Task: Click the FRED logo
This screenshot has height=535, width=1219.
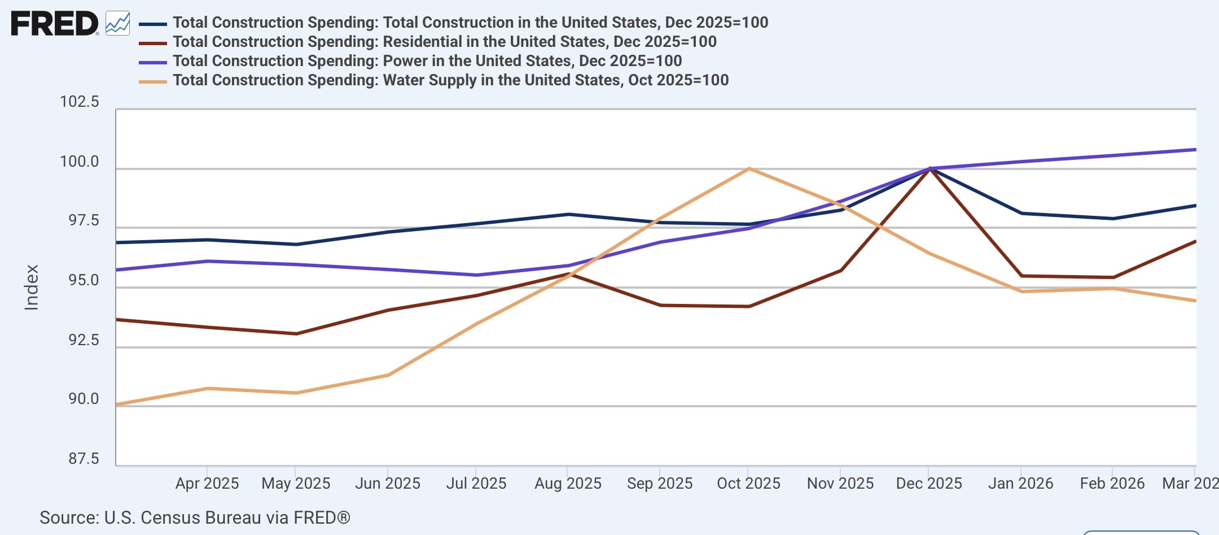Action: (x=55, y=24)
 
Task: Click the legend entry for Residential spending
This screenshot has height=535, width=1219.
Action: (x=428, y=42)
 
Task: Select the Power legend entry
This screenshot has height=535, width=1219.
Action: (x=410, y=61)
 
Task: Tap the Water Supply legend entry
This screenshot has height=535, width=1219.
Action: (x=434, y=80)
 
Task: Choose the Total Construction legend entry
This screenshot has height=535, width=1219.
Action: (x=454, y=23)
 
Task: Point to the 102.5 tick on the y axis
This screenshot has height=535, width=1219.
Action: (x=80, y=102)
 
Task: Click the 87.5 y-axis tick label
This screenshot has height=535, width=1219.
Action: (x=84, y=458)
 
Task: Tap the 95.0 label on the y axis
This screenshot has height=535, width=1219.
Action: (x=84, y=280)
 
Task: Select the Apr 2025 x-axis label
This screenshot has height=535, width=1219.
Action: (x=207, y=484)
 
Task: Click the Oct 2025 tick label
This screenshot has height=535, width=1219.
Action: (x=748, y=484)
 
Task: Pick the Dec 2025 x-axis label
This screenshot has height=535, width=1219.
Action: (x=929, y=484)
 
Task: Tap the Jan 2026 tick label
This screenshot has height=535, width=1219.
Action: (x=1020, y=484)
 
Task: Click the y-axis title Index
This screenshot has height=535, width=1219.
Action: (x=32, y=288)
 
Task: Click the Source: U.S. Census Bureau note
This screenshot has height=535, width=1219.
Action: (x=195, y=517)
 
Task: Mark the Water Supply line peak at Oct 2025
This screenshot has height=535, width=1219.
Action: (x=749, y=168)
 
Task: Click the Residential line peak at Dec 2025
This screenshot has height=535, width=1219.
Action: (x=929, y=169)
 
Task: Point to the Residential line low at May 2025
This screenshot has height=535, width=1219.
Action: (x=296, y=334)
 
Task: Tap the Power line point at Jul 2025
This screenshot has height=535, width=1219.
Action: (x=477, y=275)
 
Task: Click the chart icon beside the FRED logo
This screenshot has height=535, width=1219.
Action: (x=117, y=24)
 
